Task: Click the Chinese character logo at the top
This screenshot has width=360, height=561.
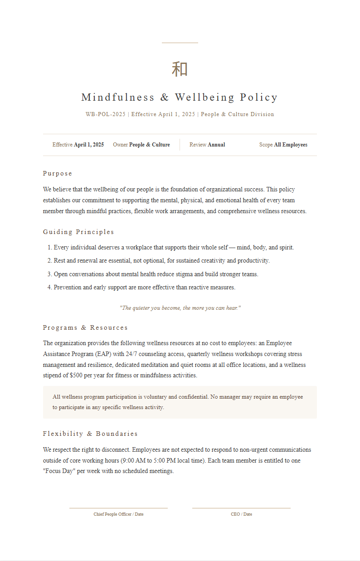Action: coord(180,69)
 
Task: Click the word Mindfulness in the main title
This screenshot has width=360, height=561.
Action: coord(118,97)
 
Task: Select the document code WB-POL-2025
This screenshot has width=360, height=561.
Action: coord(105,114)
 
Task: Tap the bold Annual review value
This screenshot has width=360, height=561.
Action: coord(216,145)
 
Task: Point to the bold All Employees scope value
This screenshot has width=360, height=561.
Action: coord(291,145)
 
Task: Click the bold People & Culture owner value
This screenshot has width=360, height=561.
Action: coord(150,145)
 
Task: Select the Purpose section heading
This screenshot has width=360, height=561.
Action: coord(58,173)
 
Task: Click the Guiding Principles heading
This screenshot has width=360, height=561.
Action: coord(78,232)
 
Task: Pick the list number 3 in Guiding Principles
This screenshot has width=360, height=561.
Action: coord(49,274)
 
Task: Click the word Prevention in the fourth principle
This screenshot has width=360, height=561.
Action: coord(68,288)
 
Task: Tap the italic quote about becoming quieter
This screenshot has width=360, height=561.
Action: coord(180,308)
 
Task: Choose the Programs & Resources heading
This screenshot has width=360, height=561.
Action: coord(85,327)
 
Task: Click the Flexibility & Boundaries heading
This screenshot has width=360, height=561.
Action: coord(90,434)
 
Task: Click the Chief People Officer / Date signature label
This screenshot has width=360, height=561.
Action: coord(118,514)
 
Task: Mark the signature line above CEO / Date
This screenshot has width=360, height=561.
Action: coord(241,508)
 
